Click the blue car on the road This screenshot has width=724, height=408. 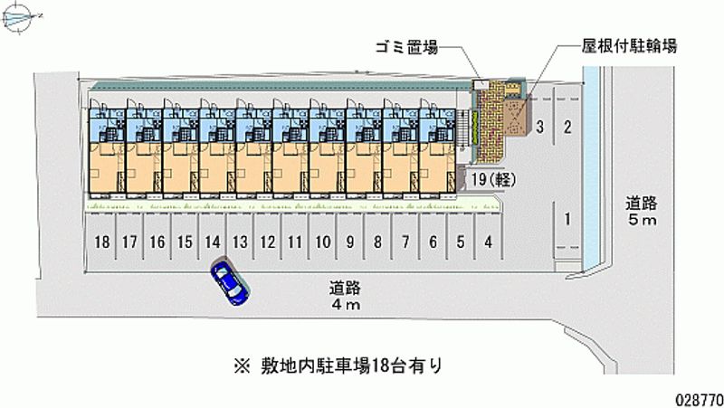[x=230, y=281]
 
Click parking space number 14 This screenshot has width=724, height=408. [x=213, y=242]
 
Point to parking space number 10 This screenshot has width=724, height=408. [x=322, y=242]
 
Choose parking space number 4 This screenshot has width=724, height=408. [x=488, y=242]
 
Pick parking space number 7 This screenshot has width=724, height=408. [x=405, y=242]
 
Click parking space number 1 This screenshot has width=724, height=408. [x=567, y=218]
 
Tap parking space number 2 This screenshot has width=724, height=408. [x=567, y=127]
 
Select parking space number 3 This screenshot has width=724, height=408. [x=539, y=127]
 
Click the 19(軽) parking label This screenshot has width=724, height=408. [x=492, y=179]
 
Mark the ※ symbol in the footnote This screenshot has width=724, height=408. [x=242, y=366]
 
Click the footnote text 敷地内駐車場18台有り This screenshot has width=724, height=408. [x=353, y=366]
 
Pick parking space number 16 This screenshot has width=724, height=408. [x=157, y=242]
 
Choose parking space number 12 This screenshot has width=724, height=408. [x=268, y=242]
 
